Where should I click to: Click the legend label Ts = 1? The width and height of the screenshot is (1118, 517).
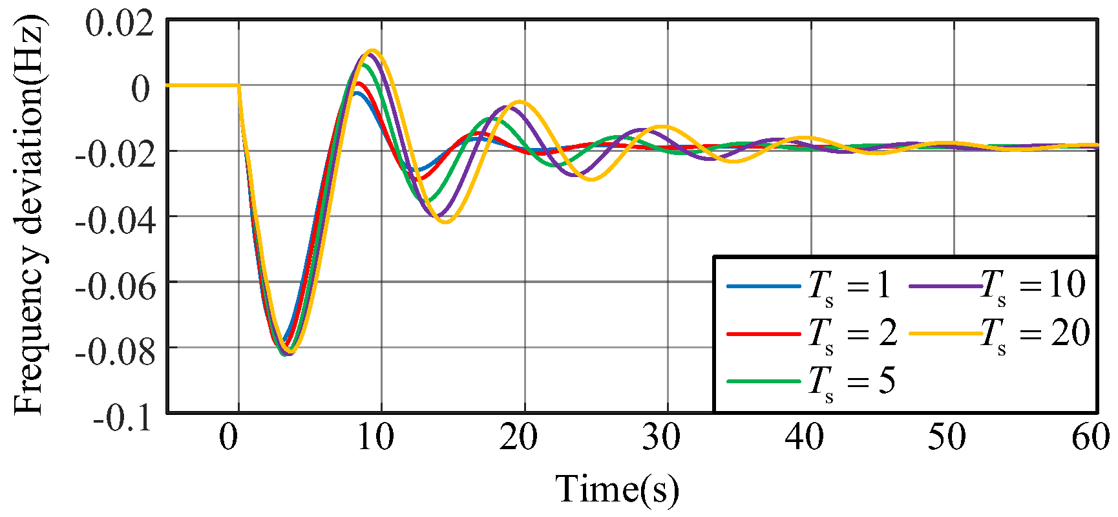[849, 286]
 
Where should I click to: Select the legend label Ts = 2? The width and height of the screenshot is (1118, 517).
[852, 334]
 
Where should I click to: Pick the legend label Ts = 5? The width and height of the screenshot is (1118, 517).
[851, 381]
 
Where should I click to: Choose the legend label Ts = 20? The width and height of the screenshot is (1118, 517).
[1035, 334]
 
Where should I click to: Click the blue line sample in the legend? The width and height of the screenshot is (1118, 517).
[763, 286]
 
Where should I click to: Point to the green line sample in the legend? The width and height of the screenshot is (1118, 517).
[763, 381]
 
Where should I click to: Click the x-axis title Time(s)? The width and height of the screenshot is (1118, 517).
[617, 489]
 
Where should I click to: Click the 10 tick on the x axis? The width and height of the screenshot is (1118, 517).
[375, 438]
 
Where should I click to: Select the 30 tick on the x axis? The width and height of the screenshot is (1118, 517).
[661, 438]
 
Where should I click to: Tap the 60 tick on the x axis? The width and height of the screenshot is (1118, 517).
[1091, 438]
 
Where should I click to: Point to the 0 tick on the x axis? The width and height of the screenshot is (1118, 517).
[229, 438]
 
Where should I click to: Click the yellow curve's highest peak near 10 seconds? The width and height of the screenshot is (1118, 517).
[372, 50]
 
